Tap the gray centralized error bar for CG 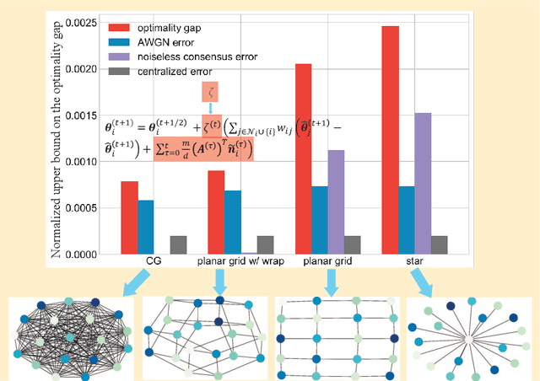point(178,244)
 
